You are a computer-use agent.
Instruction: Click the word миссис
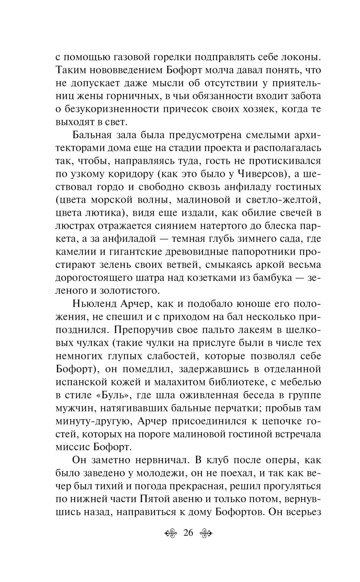pyautogui.click(x=73, y=447)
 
